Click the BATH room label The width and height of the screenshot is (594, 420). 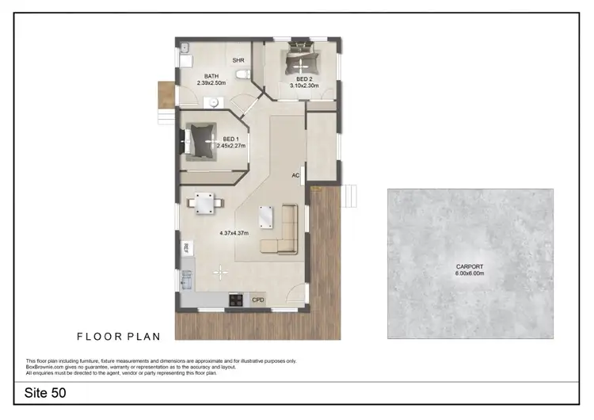click(x=211, y=76)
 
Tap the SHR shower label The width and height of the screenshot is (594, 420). click(x=238, y=60)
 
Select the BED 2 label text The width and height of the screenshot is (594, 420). click(x=305, y=79)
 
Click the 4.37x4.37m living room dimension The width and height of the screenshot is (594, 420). click(x=234, y=233)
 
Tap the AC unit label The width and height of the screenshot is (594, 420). click(x=295, y=175)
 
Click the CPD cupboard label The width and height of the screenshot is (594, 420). click(x=258, y=300)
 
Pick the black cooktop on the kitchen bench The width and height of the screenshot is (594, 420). click(x=235, y=300)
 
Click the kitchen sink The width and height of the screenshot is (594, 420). click(x=188, y=279)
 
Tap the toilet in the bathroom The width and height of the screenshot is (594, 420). click(x=247, y=74)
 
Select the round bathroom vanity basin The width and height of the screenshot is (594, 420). click(x=212, y=101)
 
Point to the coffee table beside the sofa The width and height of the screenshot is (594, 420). click(x=265, y=216)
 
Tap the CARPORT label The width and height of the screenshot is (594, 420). click(x=470, y=266)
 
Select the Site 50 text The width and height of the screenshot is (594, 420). click(x=45, y=392)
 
